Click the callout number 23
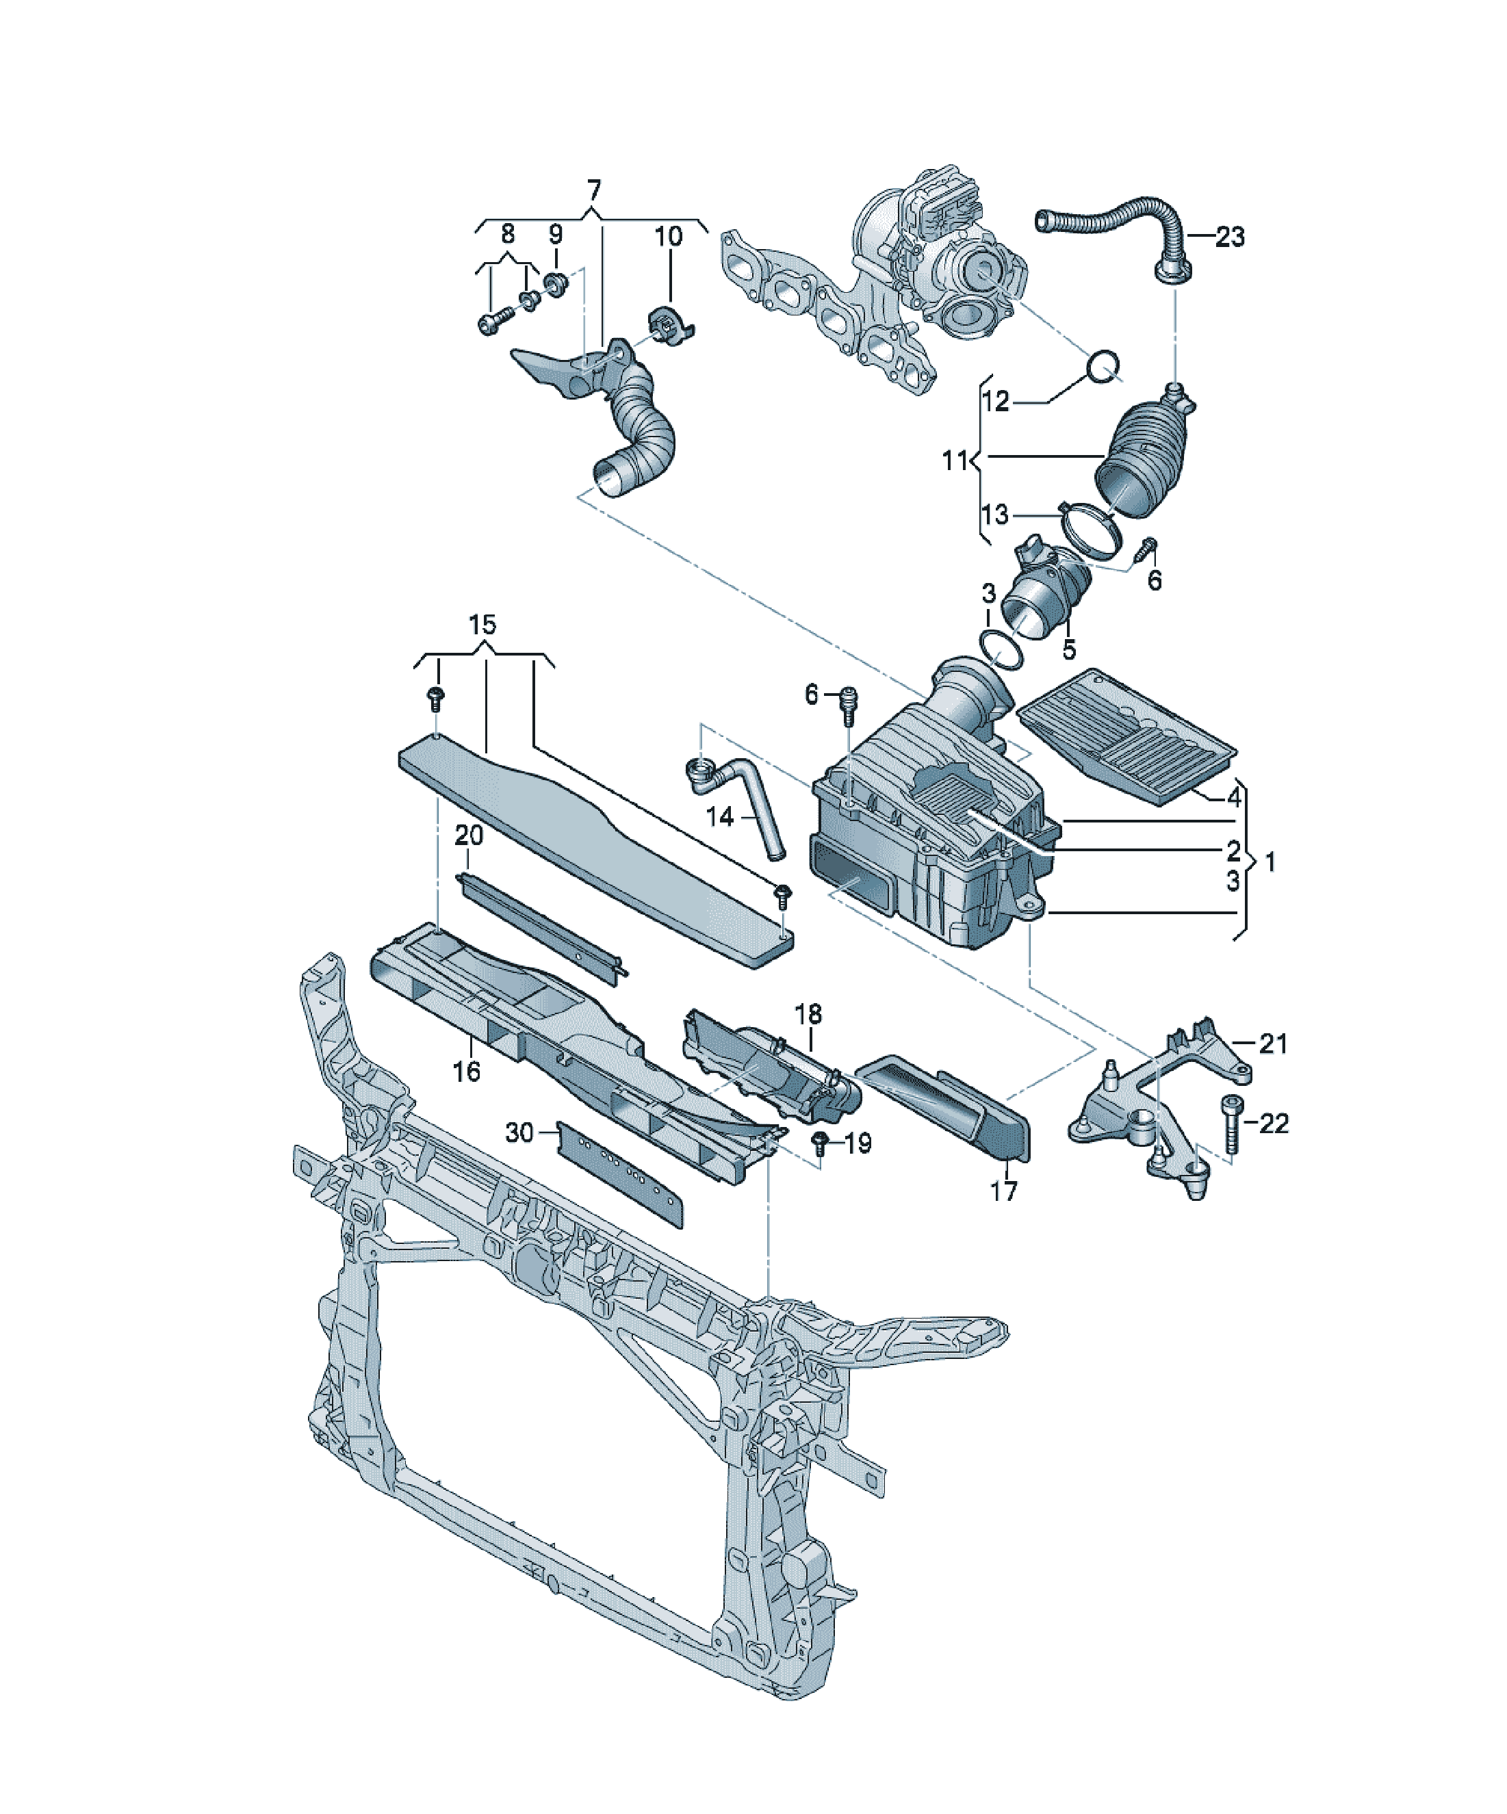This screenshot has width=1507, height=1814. pyautogui.click(x=1230, y=237)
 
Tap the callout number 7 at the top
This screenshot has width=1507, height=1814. pyautogui.click(x=593, y=191)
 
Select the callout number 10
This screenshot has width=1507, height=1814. pyautogui.click(x=668, y=236)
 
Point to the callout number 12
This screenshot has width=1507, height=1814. pyautogui.click(x=996, y=401)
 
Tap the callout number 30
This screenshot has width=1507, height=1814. pyautogui.click(x=519, y=1132)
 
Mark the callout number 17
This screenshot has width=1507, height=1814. pyautogui.click(x=1003, y=1191)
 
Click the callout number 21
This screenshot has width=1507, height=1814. pyautogui.click(x=1273, y=1044)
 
